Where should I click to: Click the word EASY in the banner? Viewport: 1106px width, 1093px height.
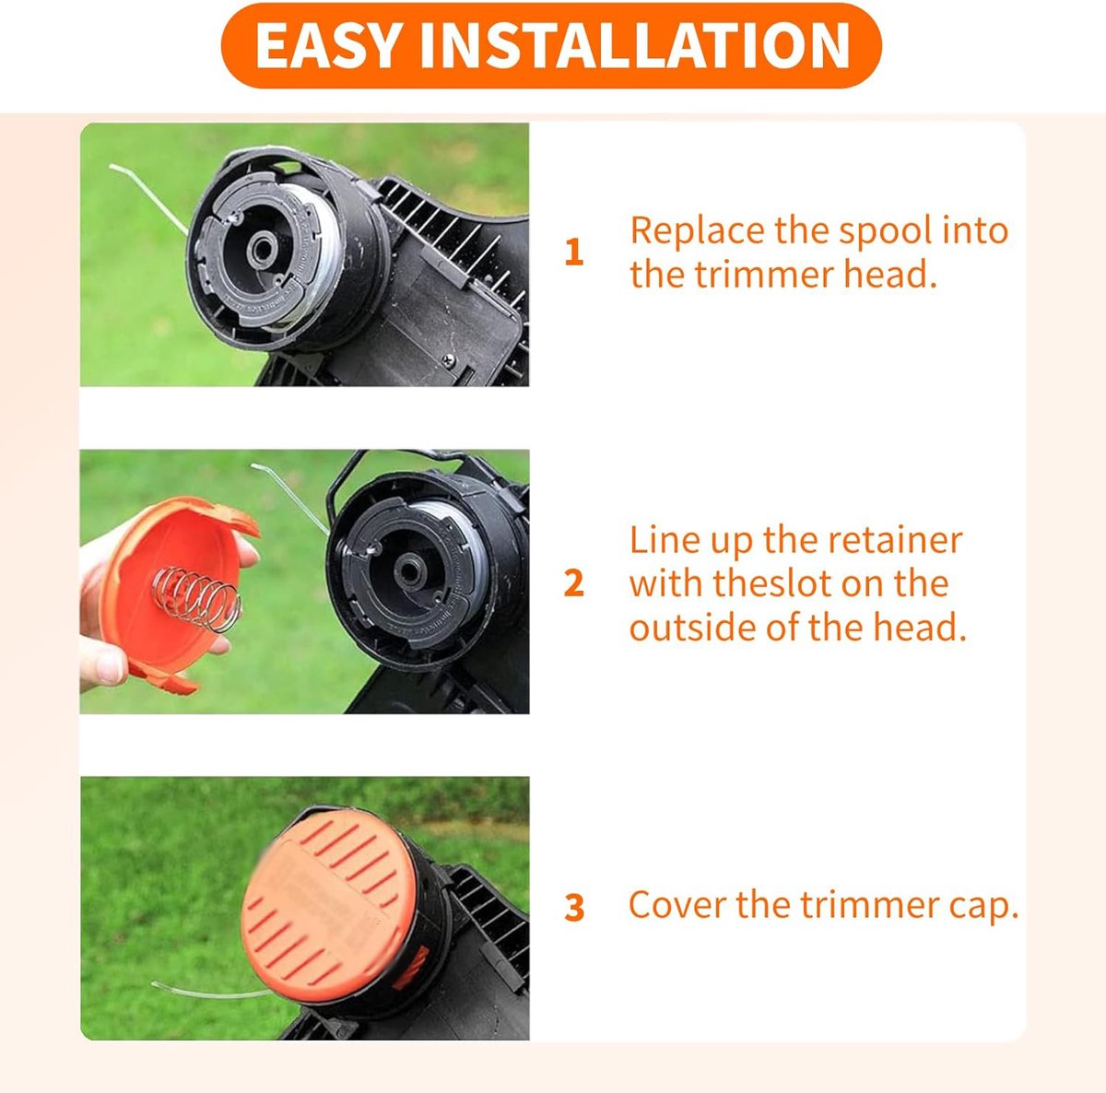[x=326, y=46]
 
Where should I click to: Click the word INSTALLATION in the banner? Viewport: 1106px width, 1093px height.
[x=635, y=46]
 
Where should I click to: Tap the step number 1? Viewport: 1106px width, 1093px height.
[x=574, y=253]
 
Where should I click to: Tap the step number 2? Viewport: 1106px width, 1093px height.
[x=574, y=583]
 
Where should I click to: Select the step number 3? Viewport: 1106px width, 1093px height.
[x=574, y=909]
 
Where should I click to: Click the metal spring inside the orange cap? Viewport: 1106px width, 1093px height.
[x=196, y=600]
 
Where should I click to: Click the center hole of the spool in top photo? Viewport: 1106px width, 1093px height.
[x=263, y=249]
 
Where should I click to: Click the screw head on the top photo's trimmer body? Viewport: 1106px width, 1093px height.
[x=450, y=361]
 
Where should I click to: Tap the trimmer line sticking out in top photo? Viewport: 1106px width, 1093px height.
[x=148, y=195]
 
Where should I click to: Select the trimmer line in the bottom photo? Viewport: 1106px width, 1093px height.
[x=212, y=991]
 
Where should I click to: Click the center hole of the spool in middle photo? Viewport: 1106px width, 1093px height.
[x=410, y=570]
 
